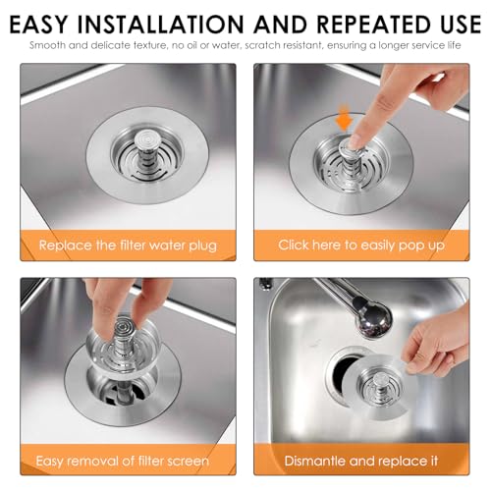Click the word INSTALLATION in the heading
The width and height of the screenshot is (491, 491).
(x=160, y=25)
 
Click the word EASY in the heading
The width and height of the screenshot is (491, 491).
(x=38, y=25)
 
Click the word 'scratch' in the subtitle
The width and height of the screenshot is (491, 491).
(x=262, y=45)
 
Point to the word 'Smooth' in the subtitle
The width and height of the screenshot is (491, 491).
(x=47, y=45)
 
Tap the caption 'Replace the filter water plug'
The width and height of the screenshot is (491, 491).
(x=128, y=245)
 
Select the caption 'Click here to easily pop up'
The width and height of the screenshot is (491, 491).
(x=361, y=245)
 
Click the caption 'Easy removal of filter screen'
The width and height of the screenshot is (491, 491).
(x=122, y=461)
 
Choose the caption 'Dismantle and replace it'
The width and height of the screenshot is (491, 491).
(x=361, y=461)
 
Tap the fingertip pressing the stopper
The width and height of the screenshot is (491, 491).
(x=355, y=142)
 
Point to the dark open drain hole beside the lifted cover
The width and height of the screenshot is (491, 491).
(x=343, y=372)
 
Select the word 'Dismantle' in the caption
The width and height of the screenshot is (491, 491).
(x=314, y=461)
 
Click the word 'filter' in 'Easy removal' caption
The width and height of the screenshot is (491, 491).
(x=150, y=461)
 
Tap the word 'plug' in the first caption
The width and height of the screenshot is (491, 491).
(x=203, y=246)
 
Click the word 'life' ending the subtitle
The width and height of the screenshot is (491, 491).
(x=455, y=45)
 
